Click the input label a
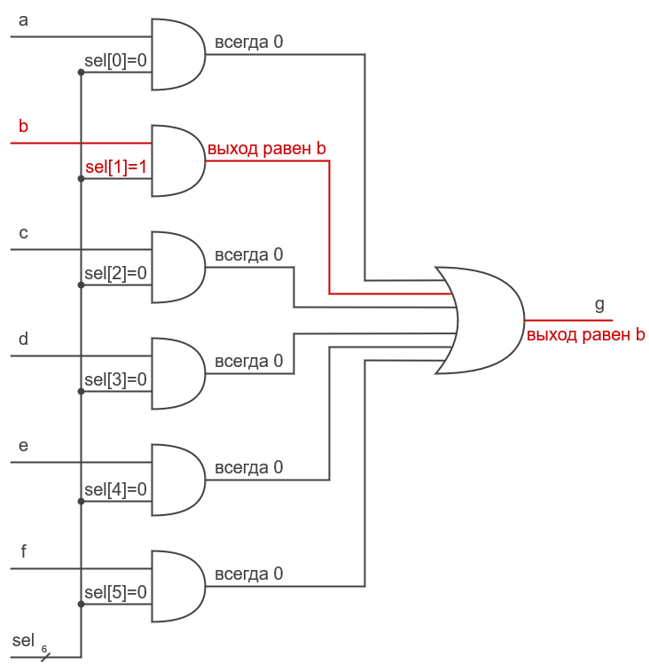23,20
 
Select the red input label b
23,127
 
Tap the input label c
23,233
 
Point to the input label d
23,339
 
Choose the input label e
23,445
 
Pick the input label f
23,551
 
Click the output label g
599,305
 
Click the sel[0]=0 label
115,61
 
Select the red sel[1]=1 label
115,168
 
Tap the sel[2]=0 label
115,273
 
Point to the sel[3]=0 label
115,379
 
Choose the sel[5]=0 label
115,592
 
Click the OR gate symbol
483,320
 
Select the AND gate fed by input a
177,55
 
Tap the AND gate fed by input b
177,160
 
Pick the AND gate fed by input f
177,586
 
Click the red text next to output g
585,335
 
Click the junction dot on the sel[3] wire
82,391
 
